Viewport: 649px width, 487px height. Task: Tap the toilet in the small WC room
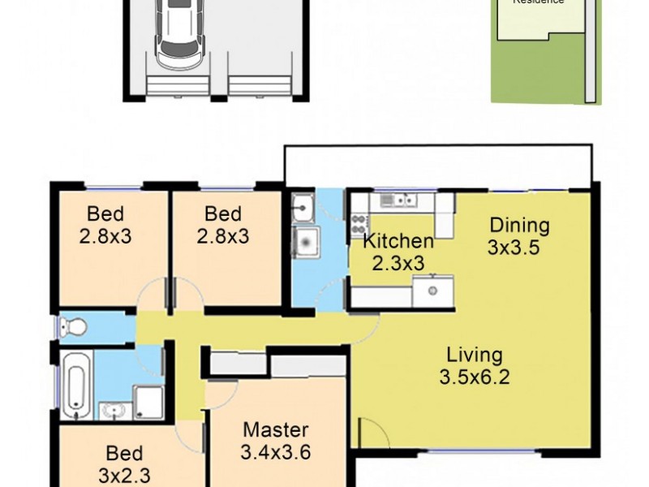[71, 327]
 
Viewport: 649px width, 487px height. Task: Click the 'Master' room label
[276, 430]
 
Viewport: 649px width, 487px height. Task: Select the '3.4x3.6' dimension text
[276, 451]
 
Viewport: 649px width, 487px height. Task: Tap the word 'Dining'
[519, 226]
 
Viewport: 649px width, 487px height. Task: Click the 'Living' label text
[475, 355]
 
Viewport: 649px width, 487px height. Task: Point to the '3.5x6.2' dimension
[475, 377]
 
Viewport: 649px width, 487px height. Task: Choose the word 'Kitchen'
[398, 241]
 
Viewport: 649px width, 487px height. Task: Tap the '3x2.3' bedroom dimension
[124, 474]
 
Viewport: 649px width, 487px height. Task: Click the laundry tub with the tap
[303, 208]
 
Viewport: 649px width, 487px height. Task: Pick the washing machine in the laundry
[307, 240]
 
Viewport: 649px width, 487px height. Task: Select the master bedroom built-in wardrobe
[277, 365]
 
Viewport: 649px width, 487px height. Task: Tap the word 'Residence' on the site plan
[539, 2]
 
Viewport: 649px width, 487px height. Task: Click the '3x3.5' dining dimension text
[514, 248]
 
